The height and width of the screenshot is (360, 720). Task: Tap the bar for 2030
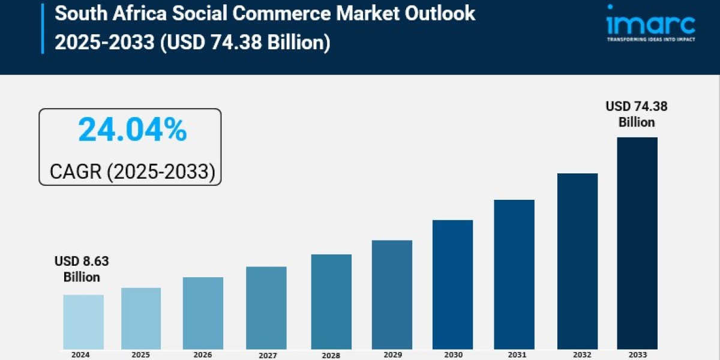pyautogui.click(x=452, y=284)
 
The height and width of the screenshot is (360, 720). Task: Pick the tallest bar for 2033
pyautogui.click(x=637, y=243)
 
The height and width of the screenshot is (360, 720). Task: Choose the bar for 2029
pyautogui.click(x=392, y=295)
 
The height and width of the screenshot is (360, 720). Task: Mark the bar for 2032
pyautogui.click(x=577, y=261)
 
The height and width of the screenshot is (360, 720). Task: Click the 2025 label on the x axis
pyautogui.click(x=142, y=355)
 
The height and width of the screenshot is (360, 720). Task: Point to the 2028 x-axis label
pyautogui.click(x=331, y=355)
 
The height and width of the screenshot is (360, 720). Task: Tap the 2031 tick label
pyautogui.click(x=514, y=355)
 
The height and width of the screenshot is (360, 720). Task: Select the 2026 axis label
pyautogui.click(x=203, y=355)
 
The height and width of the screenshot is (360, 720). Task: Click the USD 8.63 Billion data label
pyautogui.click(x=82, y=269)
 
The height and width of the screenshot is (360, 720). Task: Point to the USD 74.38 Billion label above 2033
pyautogui.click(x=637, y=114)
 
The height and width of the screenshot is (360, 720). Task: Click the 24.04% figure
pyautogui.click(x=133, y=130)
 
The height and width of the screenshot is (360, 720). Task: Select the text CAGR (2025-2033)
pyautogui.click(x=132, y=172)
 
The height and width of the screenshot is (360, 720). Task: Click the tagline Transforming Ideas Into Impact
pyautogui.click(x=650, y=39)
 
